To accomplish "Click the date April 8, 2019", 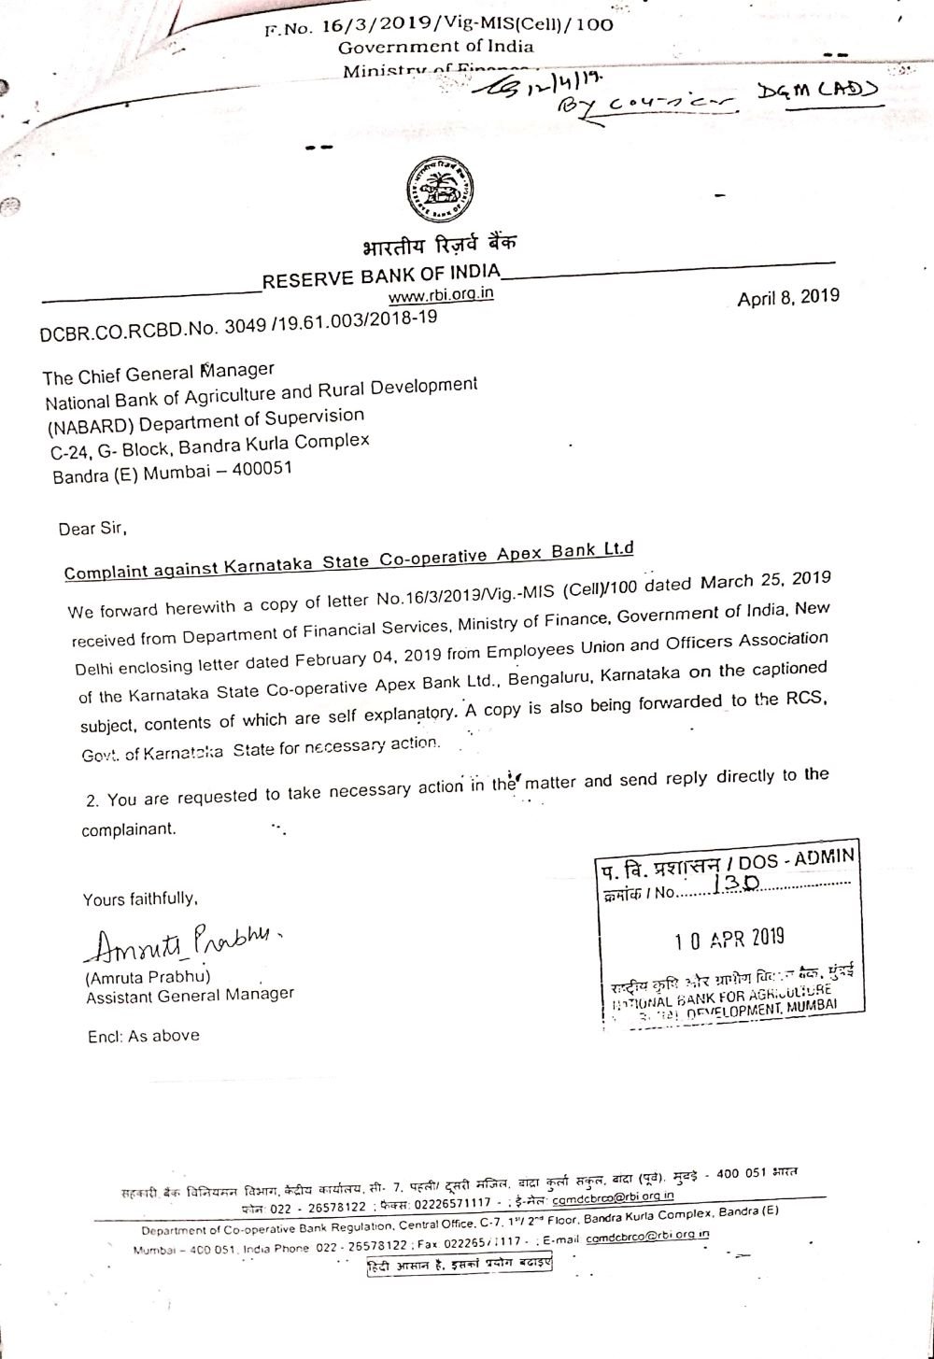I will coord(787,298).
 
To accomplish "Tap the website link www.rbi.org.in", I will coord(441,295).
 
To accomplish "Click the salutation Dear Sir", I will coord(92,529).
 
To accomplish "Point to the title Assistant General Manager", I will coord(190,996).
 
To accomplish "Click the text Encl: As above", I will coord(142,1036).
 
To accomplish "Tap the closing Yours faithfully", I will coord(140,899).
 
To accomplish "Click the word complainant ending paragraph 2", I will coord(128,828).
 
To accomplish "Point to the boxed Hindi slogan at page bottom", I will coord(458,1266).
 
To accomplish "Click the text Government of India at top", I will coord(435,47).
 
